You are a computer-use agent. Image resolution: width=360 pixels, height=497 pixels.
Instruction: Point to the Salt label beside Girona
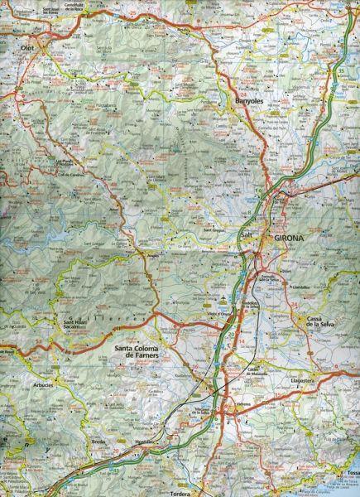click(x=245, y=236)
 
